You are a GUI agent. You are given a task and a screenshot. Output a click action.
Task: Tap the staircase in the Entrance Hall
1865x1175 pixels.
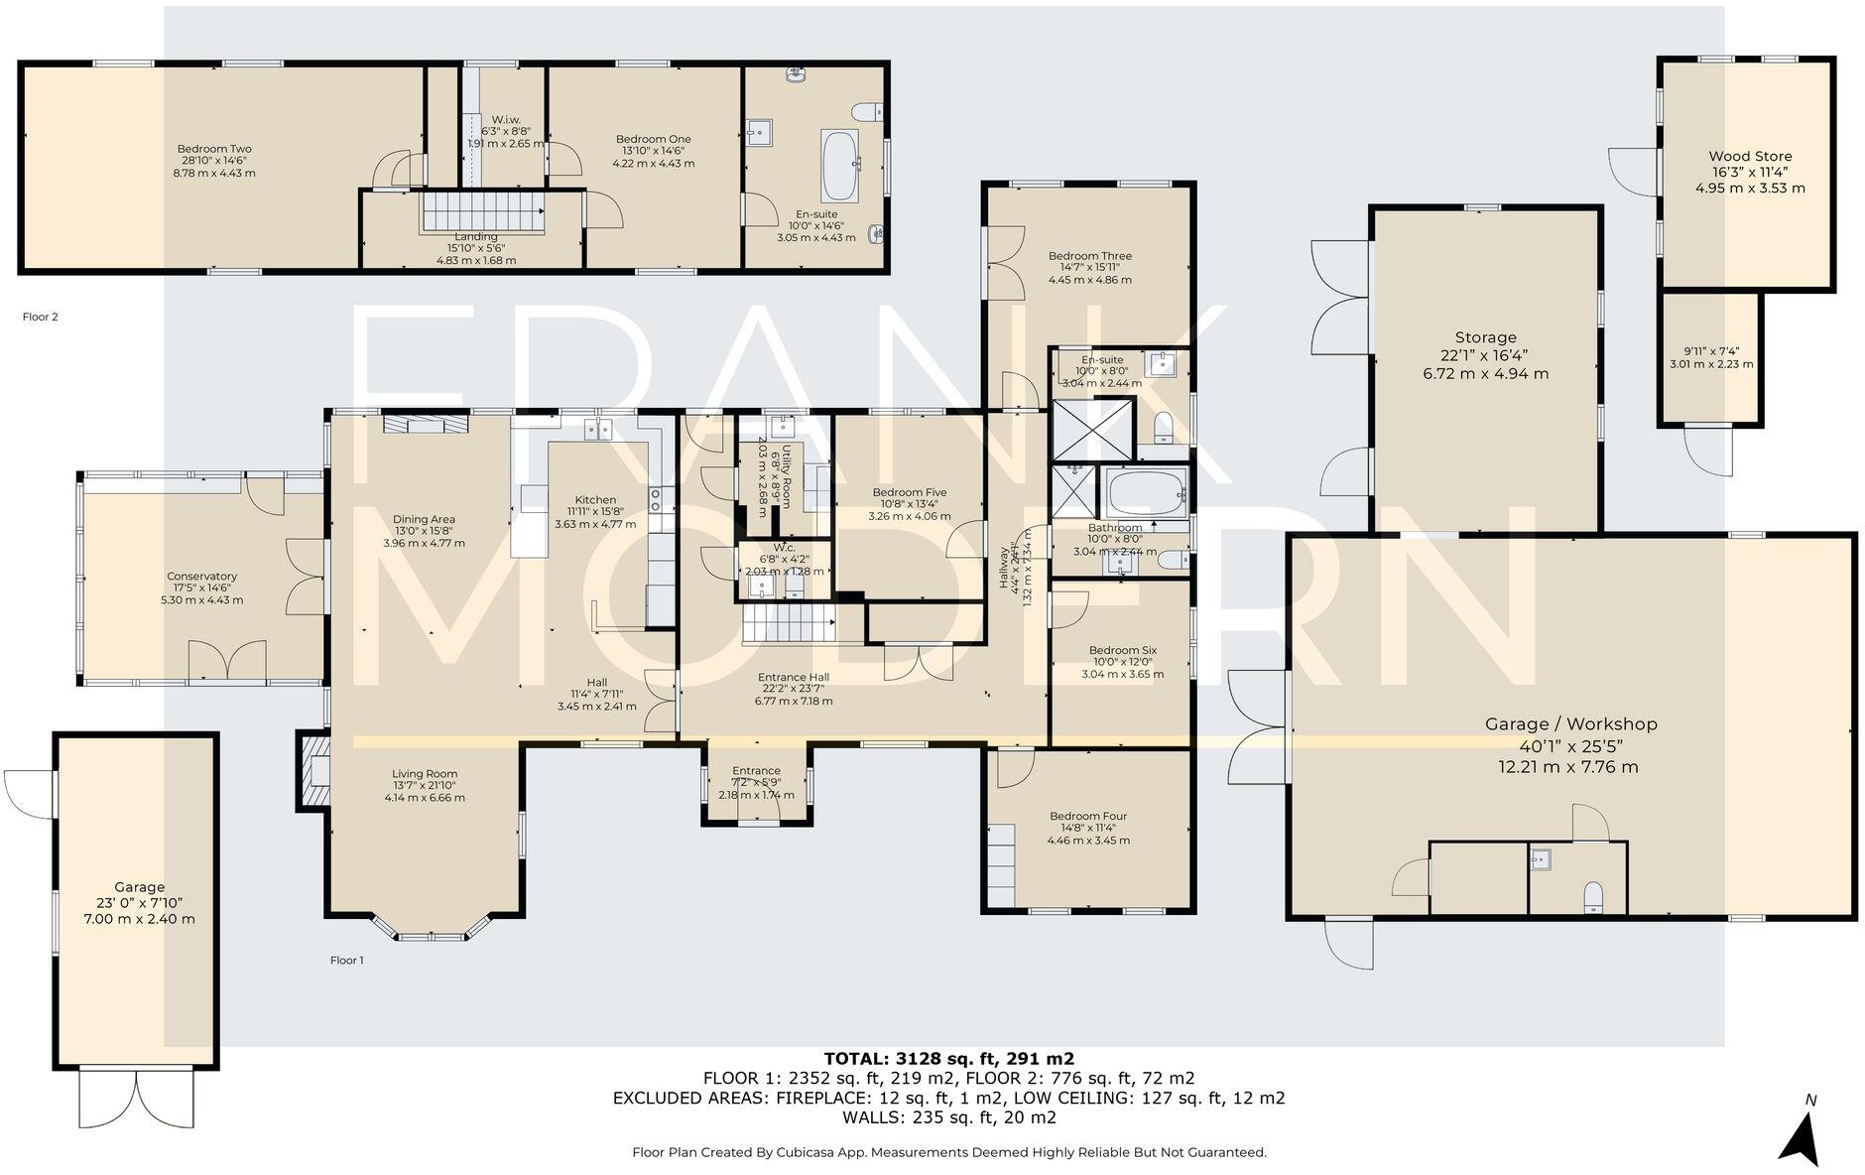coord(788,626)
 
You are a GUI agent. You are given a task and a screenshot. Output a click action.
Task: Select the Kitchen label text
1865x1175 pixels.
coord(595,500)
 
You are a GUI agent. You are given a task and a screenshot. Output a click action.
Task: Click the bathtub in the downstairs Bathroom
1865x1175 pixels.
coord(1146,490)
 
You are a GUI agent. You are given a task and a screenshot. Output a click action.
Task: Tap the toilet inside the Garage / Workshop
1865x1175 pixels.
coord(1593,897)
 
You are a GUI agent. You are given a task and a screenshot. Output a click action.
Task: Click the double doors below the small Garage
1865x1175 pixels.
coord(136,1098)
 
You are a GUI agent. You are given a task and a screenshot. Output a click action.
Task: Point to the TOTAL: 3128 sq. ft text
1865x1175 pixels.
coord(948,1059)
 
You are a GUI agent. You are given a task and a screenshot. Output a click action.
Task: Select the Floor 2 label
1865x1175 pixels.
coord(41,318)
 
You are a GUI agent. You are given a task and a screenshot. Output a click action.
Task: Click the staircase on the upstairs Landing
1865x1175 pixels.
coord(483,212)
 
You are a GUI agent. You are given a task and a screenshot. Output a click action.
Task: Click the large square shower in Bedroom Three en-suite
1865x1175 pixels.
coord(1091,429)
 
